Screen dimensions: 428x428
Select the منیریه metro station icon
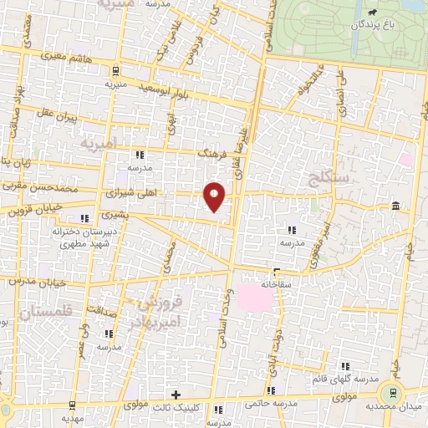coord(115,71)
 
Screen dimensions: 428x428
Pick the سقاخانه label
coord(275,283)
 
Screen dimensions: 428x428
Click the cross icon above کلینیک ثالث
coord(175,395)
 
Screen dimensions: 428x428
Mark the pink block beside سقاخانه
coord(254,296)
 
